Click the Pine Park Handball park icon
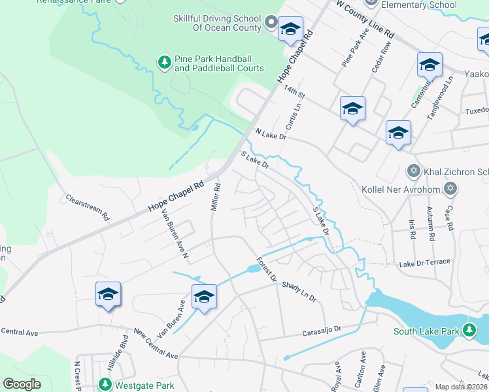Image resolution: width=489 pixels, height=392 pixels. coord(165,62)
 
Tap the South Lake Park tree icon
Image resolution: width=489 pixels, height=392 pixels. coord(469,331)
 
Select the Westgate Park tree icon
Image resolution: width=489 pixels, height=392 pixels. coord(104,384)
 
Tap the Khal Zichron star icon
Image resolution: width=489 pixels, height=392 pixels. coord(413,172)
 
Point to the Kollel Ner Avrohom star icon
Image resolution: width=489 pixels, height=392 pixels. coord(449,189)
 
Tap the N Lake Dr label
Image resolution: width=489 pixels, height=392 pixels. coord(271,134)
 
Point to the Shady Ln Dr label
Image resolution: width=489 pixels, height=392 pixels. coord(299,292)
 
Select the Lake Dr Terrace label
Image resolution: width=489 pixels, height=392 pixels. coord(425,263)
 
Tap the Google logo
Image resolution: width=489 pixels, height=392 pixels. coord(22,384)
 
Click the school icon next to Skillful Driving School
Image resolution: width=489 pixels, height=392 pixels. coord(290,29)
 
